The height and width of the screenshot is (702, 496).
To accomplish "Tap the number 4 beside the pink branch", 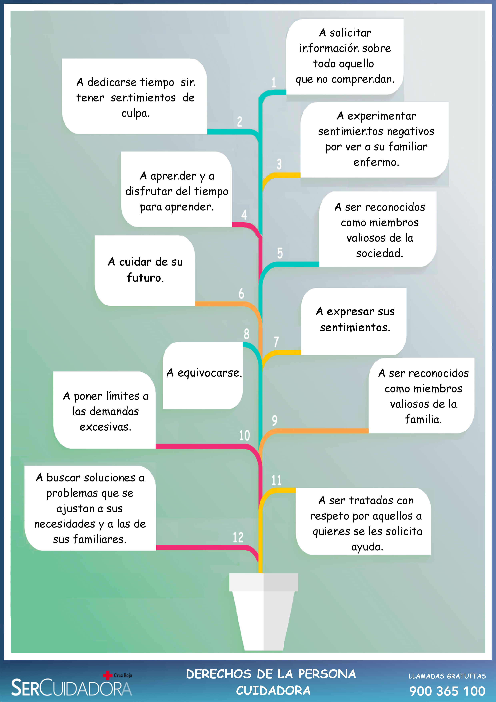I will tap(244, 215).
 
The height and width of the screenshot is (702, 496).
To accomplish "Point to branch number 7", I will tap(276, 342).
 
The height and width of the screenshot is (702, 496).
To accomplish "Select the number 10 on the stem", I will tap(244, 435).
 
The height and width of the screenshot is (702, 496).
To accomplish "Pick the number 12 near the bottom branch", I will tap(238, 537).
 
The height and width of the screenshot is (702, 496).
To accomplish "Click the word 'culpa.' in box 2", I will tap(135, 113).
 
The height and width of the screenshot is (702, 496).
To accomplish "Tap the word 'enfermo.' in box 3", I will tap(376, 162).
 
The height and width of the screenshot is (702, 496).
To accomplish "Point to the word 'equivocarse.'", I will tap(210, 373).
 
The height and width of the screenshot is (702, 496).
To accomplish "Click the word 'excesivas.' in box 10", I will tap(105, 427).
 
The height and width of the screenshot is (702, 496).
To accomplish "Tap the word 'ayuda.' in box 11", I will tap(367, 547).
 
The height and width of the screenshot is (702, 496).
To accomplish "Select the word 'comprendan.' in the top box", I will tap(363, 79).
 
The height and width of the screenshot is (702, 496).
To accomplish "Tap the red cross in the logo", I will tap(107, 675).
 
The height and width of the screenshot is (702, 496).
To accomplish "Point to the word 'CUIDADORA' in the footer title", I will tap(273, 690).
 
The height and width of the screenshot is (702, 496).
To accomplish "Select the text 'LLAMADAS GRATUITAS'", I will tap(447, 676).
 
